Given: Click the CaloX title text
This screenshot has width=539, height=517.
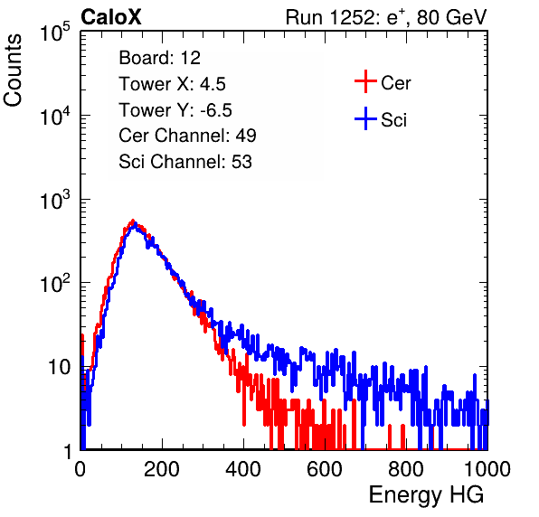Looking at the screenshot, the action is tap(110, 17).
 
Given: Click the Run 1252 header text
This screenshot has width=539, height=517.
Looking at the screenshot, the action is tap(386, 17).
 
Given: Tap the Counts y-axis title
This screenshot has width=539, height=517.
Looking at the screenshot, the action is tap(13, 70).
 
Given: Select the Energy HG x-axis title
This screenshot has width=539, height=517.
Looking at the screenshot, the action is tap(426, 495).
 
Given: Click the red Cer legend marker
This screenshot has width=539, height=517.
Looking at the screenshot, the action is tap(365, 81).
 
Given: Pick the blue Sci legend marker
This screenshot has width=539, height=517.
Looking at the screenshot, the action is tap(365, 118).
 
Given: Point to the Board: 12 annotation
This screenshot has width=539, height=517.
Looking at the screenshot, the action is tap(159, 58).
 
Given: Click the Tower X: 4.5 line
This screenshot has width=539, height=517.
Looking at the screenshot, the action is tap(172, 84).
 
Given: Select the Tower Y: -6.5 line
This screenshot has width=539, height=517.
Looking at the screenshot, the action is tap(175, 110).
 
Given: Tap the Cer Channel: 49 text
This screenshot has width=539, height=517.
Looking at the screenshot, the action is tap(187, 136).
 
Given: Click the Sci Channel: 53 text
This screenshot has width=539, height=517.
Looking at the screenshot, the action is tap(185, 162).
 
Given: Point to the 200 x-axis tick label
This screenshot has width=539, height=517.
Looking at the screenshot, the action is tap(162, 469).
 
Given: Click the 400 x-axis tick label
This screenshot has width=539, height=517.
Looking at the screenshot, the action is tap(243, 469).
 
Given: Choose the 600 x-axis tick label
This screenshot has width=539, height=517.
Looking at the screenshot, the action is tap(325, 469).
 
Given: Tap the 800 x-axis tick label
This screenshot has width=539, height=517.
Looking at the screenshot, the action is tap(406, 469).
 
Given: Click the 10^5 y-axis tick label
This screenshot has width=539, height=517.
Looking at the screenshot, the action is tap(55, 33).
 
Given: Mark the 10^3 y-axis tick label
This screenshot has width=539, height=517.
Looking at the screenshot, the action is tap(55, 200).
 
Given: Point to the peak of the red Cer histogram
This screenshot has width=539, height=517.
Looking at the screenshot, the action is tap(133, 221).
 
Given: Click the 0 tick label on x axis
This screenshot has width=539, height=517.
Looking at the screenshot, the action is tap(80, 469).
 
